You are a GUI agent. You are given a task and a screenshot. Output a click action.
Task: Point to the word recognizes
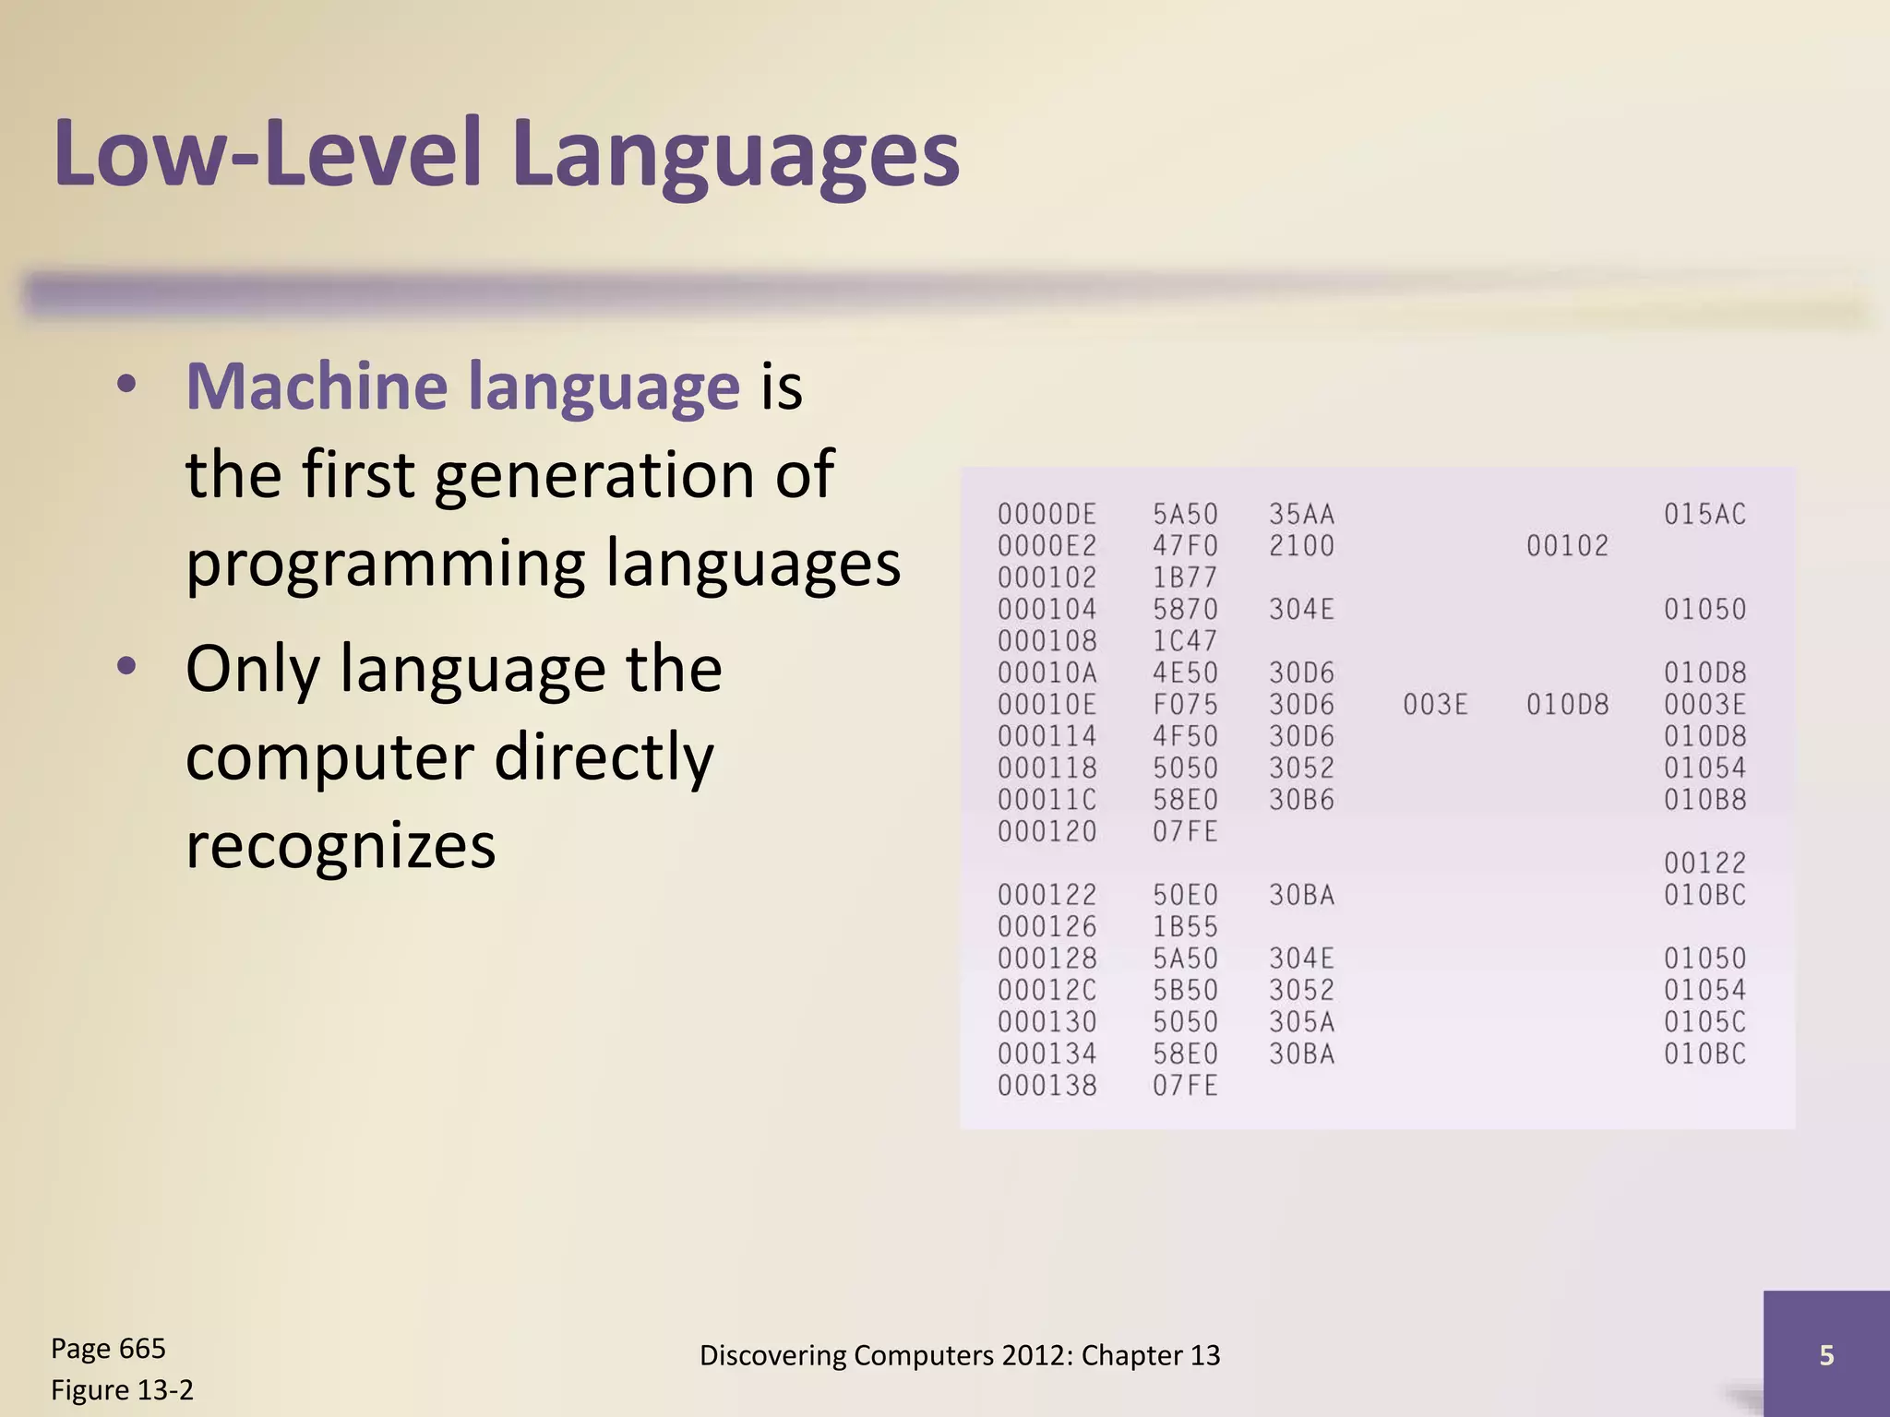click(341, 845)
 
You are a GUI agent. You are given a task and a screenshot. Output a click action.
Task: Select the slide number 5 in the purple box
click(1825, 1354)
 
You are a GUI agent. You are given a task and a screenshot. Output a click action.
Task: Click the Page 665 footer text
click(108, 1349)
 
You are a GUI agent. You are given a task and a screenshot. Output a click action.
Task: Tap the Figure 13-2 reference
click(122, 1389)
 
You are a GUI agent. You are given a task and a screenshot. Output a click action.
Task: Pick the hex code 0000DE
click(1047, 515)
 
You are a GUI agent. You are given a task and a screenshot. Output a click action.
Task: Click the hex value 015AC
click(1705, 515)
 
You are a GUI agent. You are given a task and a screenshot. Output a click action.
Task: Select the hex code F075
click(1185, 705)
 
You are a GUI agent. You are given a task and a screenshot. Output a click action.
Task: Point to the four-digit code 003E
click(1435, 705)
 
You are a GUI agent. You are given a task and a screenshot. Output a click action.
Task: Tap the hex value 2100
click(1301, 546)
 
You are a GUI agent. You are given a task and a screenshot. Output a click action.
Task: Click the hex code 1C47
click(1185, 641)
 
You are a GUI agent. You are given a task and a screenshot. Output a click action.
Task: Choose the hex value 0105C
click(1705, 1022)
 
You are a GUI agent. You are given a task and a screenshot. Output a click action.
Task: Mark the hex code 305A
click(1301, 1022)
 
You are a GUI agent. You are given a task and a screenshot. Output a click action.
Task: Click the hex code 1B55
click(1185, 927)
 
